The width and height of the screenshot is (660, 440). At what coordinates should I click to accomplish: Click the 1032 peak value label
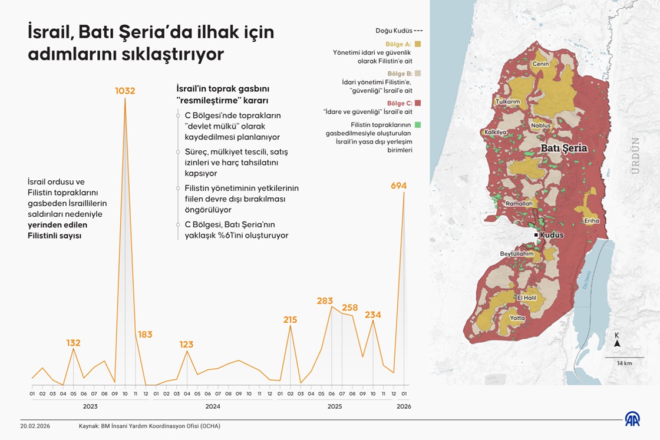coord(125,91)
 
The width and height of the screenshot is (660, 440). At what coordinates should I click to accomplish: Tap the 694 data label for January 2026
coord(399,186)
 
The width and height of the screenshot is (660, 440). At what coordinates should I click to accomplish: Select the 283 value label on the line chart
coord(325,300)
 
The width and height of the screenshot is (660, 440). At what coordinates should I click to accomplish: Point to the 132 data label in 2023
coord(73,343)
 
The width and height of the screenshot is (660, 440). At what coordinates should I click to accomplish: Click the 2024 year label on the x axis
coord(213,406)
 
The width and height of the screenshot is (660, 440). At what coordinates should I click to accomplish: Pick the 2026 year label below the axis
coord(404,406)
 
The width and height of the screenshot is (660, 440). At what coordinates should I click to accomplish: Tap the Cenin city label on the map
coord(540,64)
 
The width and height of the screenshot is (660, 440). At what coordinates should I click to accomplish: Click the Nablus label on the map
coord(540,125)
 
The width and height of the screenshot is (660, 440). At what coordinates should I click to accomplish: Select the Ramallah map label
coord(519,203)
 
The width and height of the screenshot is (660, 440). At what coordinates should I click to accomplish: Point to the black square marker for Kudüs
coord(536,235)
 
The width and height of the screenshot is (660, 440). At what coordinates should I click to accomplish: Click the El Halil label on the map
coord(527,297)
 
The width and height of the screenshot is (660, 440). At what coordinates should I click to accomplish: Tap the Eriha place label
coord(592,221)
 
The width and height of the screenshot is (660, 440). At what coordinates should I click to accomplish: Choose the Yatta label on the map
coord(517,318)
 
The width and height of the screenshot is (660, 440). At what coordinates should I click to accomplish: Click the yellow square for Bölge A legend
coord(418,44)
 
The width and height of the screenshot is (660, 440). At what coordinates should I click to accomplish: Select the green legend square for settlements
coord(418,124)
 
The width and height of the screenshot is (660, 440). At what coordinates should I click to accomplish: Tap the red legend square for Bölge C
coord(418,103)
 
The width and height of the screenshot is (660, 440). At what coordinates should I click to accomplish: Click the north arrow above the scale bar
coord(617,343)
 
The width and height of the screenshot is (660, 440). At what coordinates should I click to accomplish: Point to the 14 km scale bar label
coord(624,363)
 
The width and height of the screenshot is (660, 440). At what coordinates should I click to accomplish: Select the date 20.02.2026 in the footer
coord(35,426)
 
